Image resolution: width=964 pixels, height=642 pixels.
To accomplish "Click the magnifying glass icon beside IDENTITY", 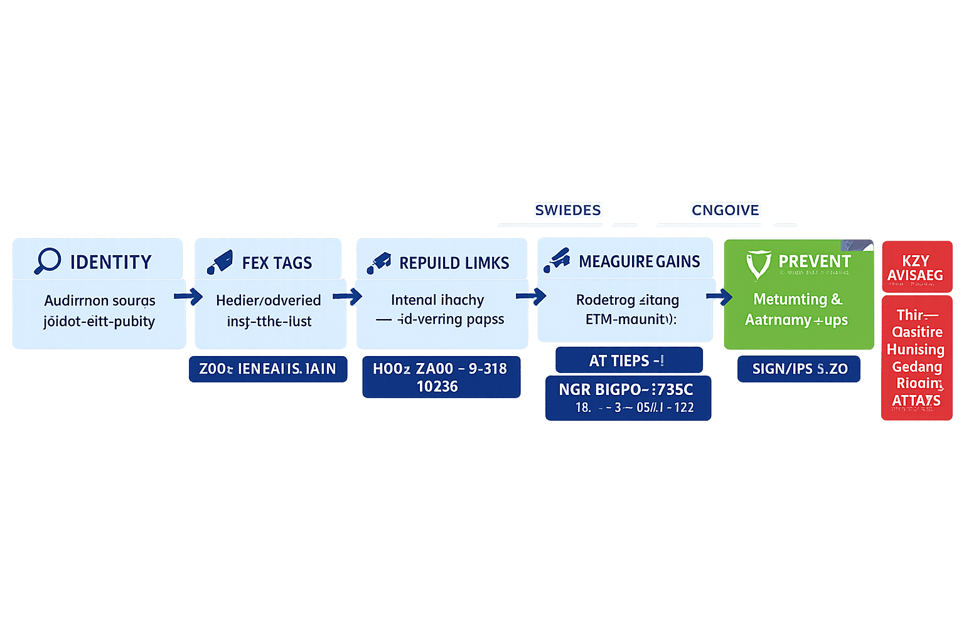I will point(47,261).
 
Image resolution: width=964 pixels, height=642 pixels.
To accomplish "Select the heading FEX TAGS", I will point(277,263).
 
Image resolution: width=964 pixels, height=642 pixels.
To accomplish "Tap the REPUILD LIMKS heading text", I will point(454,263).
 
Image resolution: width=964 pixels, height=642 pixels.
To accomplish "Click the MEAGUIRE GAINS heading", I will point(639,261).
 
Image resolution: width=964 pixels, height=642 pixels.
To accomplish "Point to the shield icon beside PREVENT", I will point(758,264).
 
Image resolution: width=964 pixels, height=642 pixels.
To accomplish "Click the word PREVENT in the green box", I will point(815,261).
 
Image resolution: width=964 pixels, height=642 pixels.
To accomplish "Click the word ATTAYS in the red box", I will point(916,400).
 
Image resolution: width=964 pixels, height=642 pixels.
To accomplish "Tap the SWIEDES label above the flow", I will point(568,210).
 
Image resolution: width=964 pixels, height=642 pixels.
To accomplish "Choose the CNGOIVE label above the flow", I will point(726,210).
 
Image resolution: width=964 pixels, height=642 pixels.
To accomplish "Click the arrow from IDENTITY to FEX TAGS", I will point(188,296).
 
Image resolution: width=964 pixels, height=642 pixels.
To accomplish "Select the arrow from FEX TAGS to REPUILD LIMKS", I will point(348,296).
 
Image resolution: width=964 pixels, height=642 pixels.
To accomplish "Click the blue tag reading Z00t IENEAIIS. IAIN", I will point(268,369).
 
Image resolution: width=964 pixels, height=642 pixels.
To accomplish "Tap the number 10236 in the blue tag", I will point(437,386).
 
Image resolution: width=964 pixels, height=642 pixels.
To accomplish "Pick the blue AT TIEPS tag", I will point(628,360).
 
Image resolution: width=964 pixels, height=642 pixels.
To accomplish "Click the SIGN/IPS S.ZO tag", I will point(800,369).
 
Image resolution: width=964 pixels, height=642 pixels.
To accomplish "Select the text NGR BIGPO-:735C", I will point(626,389).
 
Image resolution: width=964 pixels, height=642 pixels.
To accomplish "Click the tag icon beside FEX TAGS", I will point(220,262).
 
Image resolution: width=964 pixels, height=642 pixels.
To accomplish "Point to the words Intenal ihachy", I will point(437,300).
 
